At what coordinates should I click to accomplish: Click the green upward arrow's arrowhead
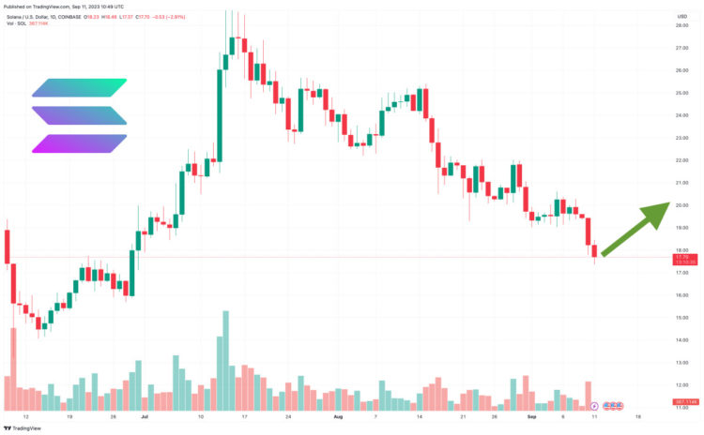(x=656, y=212)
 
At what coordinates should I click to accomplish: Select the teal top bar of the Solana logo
(x=79, y=87)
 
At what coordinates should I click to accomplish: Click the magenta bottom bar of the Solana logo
(x=79, y=143)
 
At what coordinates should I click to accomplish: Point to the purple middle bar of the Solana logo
(x=79, y=115)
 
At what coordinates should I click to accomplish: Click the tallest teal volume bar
(x=225, y=360)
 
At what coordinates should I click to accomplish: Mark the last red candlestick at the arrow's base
(x=594, y=250)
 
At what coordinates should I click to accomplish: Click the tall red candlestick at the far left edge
(x=7, y=246)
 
